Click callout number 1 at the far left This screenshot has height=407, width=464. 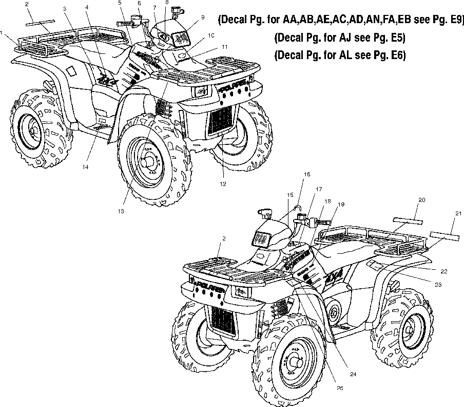click(x=3, y=33)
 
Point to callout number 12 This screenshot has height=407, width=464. click(x=222, y=183)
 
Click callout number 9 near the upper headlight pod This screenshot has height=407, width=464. click(x=202, y=17)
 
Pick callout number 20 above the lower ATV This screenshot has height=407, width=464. click(x=421, y=199)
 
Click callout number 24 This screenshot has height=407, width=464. click(x=353, y=374)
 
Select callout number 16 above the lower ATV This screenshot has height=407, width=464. click(x=306, y=175)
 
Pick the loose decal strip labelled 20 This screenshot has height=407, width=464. click(x=409, y=220)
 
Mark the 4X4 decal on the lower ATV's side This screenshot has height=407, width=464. click(x=334, y=280)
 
